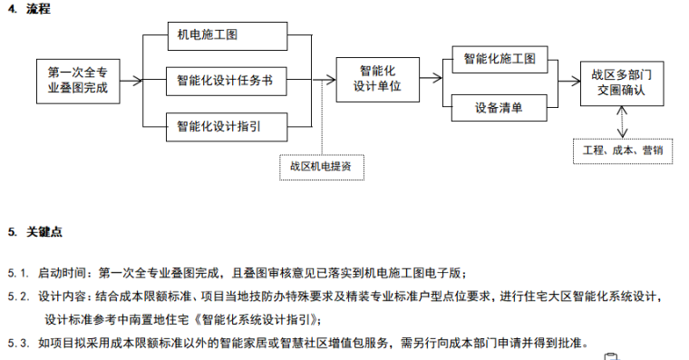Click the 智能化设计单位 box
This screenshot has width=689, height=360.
tap(376, 80)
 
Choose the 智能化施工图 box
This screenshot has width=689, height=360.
tap(498, 60)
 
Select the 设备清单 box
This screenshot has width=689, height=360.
tap(498, 108)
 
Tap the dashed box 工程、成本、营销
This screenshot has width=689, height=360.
tap(622, 150)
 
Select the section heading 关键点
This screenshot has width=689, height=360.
tap(44, 232)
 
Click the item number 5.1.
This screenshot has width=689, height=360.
tap(18, 272)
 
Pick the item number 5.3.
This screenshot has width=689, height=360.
tap(18, 343)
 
